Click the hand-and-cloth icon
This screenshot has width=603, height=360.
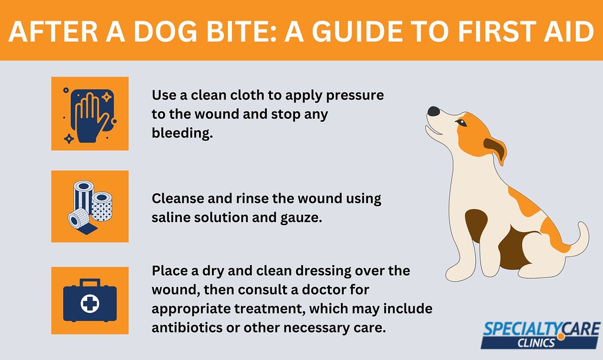tap(90, 114)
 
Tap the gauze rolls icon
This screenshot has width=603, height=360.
tap(90, 206)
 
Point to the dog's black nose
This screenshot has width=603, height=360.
tap(433, 111)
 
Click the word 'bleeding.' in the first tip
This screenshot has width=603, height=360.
tap(182, 133)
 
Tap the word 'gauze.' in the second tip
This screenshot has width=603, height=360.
tap(301, 218)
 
